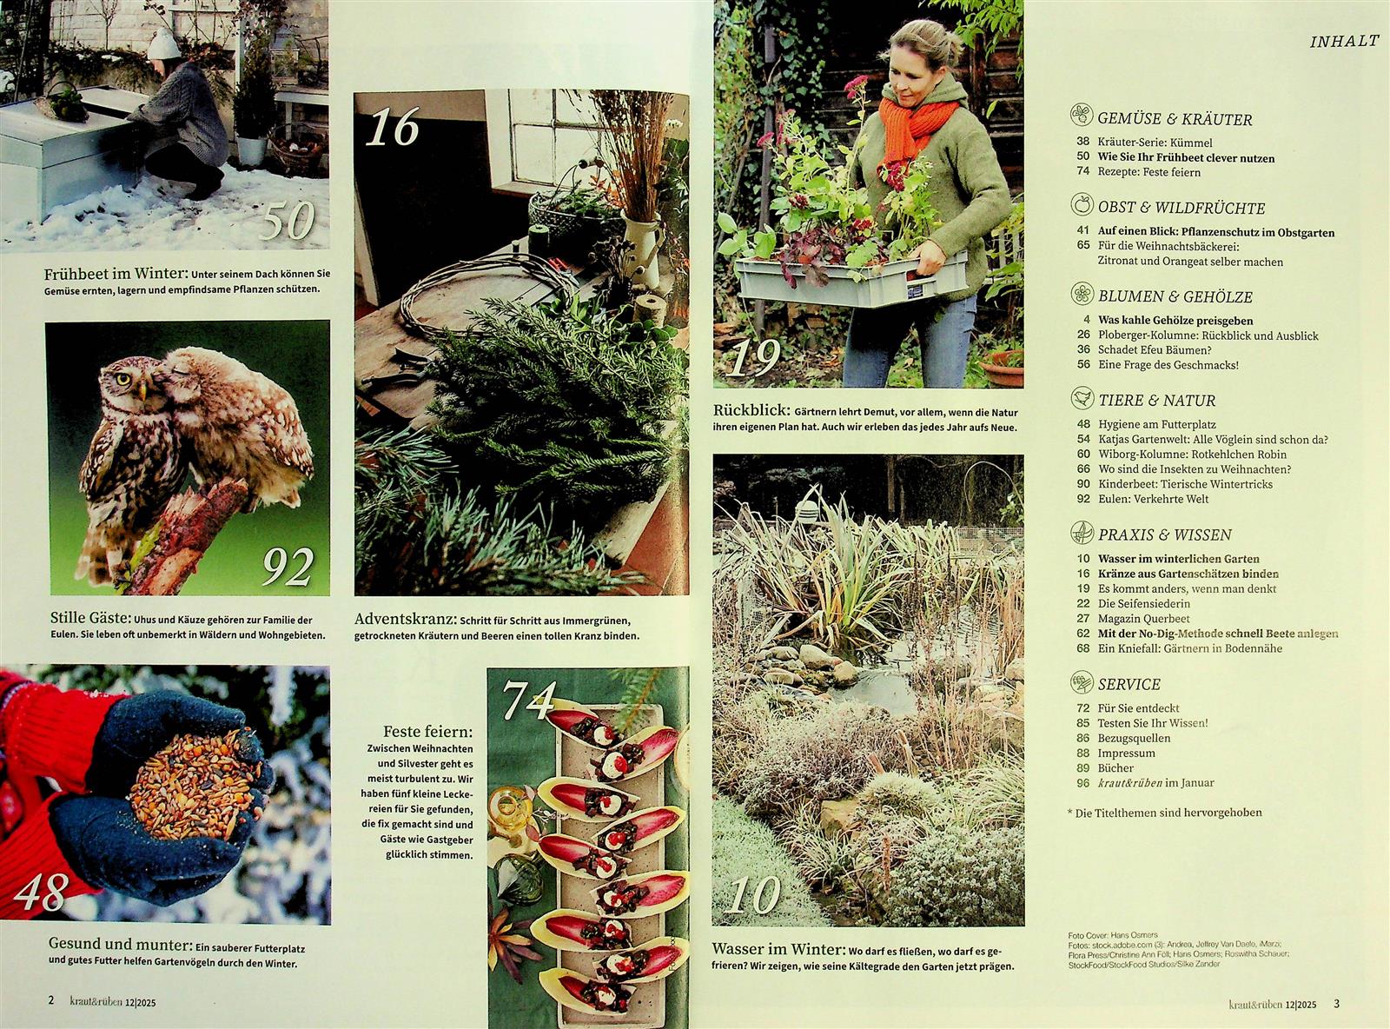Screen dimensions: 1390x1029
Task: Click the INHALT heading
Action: coord(1344,42)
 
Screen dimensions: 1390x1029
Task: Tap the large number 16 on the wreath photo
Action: coord(393,127)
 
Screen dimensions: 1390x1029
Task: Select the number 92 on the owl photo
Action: coord(288,567)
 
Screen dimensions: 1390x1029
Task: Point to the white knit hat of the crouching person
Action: coord(163,44)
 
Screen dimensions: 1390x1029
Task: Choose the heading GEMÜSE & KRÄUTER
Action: coord(1175,119)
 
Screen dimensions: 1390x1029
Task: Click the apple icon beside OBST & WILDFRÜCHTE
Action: coord(1082,204)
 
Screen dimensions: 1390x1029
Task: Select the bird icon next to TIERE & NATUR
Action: coord(1082,397)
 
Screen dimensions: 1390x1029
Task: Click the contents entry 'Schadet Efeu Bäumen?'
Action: coord(1155,350)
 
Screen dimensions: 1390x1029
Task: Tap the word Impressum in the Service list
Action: coord(1126,753)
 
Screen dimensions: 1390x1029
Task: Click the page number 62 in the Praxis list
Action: coord(1083,634)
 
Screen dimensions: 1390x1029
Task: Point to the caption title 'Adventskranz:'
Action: coord(405,619)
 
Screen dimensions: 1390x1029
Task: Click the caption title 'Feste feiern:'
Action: coord(428,732)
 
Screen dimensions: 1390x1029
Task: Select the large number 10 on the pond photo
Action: coord(755,894)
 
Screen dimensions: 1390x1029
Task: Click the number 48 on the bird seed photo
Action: coord(42,893)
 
